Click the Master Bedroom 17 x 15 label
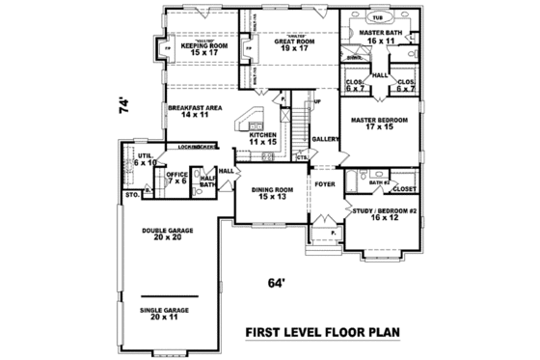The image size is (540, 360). pos(379,124)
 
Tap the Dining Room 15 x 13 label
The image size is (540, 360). pos(271,194)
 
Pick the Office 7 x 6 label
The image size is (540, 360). pos(176,178)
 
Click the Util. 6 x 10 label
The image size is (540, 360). pos(145,158)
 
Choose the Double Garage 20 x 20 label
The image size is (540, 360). pos(167,235)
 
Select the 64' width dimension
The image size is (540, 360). pos(279,283)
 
